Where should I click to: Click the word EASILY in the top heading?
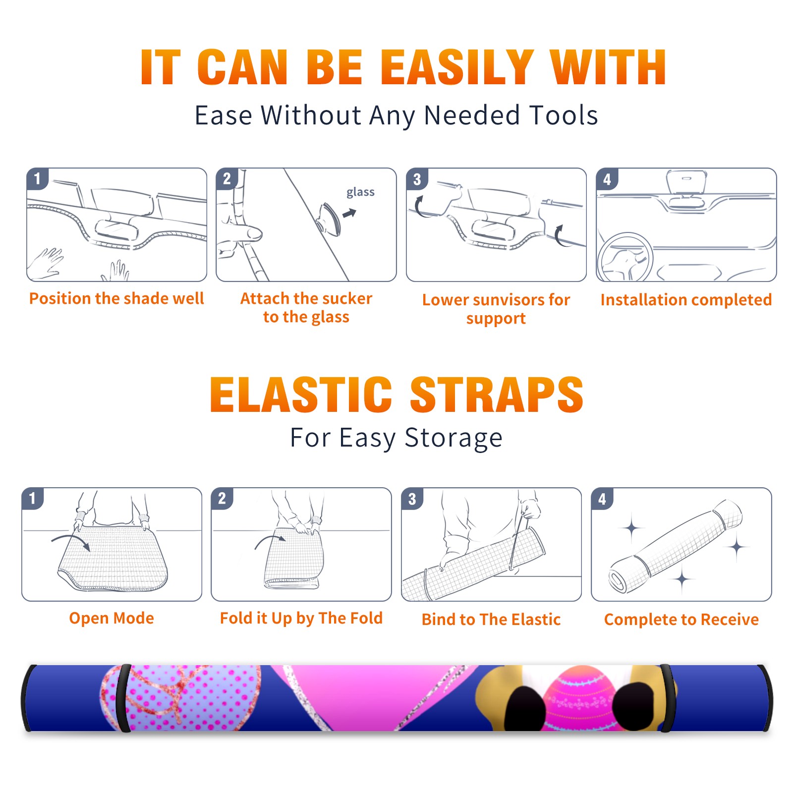[x=457, y=67]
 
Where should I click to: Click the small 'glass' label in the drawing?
[x=360, y=192]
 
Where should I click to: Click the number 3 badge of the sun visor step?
[x=417, y=179]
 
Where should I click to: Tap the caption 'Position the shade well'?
[x=116, y=298]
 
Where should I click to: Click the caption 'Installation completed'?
[x=686, y=300]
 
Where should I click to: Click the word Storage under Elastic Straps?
[x=453, y=438]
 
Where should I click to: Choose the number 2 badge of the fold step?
[x=222, y=499]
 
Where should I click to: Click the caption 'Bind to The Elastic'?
[x=491, y=620]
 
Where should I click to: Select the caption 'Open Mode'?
[x=112, y=618]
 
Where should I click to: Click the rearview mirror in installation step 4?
[x=686, y=183]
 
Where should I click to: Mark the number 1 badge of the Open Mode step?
[x=33, y=499]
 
